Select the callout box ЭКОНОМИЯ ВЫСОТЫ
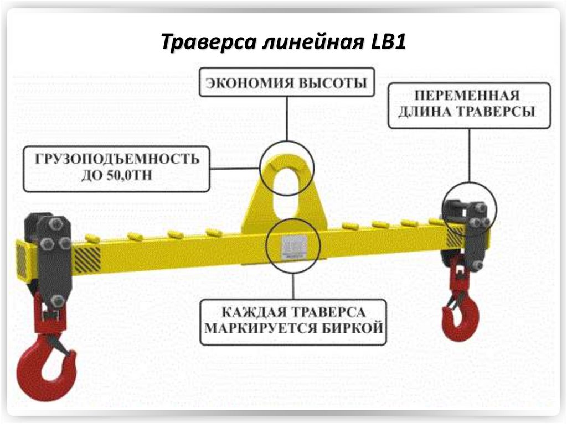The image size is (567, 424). [x=286, y=83]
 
